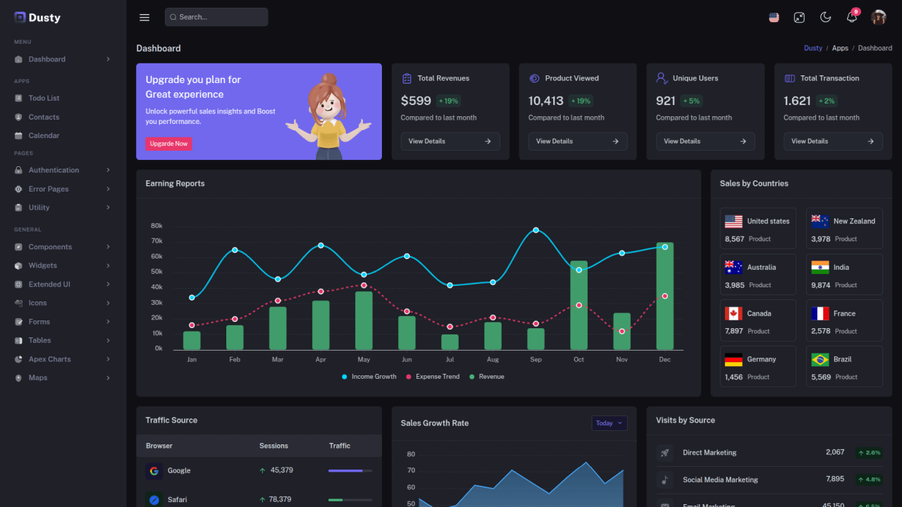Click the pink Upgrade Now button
tap(168, 144)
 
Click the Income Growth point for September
tap(536, 230)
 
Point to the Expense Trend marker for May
tap(364, 285)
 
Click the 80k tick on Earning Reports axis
tap(156, 226)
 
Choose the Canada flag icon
tap(734, 313)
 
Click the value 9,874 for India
tap(820, 285)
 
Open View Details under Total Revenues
tap(450, 142)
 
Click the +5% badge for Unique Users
tap(691, 101)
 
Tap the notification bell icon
tap(851, 18)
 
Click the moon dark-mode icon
tap(825, 18)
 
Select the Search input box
tap(216, 17)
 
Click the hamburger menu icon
tap(144, 18)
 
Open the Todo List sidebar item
tap(44, 99)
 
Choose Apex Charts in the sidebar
tap(49, 359)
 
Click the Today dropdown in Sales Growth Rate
tap(609, 423)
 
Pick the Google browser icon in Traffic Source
tap(154, 471)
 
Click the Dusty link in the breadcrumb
tap(813, 49)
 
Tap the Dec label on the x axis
tap(665, 360)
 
